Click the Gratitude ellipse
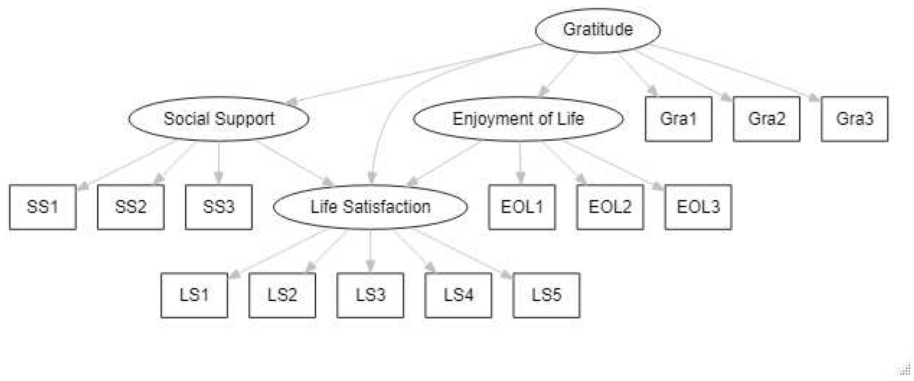[597, 30]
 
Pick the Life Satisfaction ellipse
[370, 207]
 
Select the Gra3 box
[855, 119]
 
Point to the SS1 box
[43, 207]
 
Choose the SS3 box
[219, 207]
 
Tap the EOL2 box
[610, 207]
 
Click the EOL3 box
[698, 207]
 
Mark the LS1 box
[194, 295]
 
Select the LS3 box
[370, 295]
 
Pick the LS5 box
[546, 295]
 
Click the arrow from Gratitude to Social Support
[415, 74]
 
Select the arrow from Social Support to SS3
[219, 162]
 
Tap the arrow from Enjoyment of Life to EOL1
[520, 162]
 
